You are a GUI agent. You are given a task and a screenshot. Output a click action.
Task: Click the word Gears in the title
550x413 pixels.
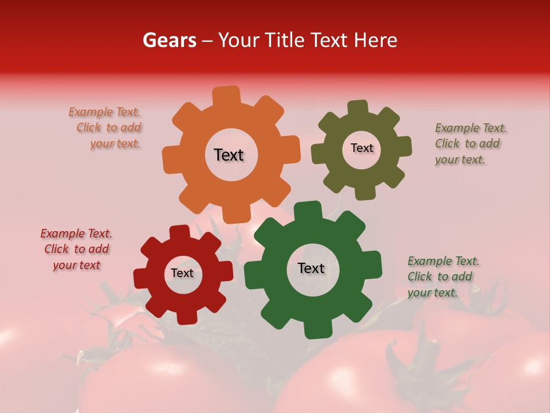pos(169,40)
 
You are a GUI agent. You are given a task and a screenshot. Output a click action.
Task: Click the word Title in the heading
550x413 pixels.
pos(287,40)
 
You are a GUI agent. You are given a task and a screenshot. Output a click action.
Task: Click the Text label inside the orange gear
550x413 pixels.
pos(229,155)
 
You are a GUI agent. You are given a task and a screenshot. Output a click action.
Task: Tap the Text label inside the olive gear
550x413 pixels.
pos(362,148)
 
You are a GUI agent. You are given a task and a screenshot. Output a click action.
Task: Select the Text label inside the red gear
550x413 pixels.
pos(182,273)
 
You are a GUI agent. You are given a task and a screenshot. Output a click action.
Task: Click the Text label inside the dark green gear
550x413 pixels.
pos(311,268)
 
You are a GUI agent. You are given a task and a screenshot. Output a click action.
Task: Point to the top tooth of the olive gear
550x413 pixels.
pos(358,108)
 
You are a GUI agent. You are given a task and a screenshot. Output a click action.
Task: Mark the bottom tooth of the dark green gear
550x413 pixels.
pos(316,330)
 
